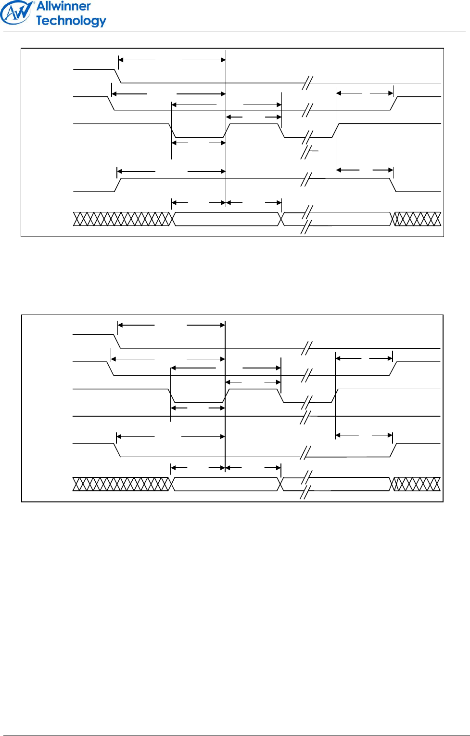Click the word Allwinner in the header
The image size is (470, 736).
[64, 6]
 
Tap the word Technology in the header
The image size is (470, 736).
[71, 21]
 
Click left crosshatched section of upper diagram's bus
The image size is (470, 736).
[123, 219]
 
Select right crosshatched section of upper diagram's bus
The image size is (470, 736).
[417, 219]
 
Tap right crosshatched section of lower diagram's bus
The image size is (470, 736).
[416, 484]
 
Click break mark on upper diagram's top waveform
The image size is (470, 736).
[307, 83]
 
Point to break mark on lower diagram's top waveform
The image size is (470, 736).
[306, 348]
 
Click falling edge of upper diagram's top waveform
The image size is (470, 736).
[117, 76]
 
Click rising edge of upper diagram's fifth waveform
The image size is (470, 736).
[118, 185]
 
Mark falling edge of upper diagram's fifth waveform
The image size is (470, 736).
[393, 185]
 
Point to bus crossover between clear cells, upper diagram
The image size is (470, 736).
[281, 219]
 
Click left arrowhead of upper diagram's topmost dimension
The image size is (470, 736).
[121, 60]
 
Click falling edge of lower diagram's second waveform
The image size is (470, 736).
[111, 368]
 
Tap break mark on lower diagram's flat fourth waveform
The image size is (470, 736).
[305, 417]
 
